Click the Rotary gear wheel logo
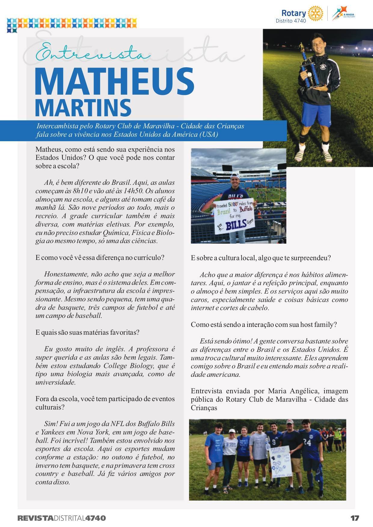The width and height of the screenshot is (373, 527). tap(315, 13)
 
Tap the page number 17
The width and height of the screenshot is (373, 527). tap(355, 518)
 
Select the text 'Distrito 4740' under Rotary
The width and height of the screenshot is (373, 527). tap(291, 21)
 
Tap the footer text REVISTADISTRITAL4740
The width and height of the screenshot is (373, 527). tap(62, 518)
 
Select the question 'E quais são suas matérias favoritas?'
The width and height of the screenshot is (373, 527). tap(87, 333)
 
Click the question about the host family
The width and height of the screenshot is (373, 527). tap(264, 324)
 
